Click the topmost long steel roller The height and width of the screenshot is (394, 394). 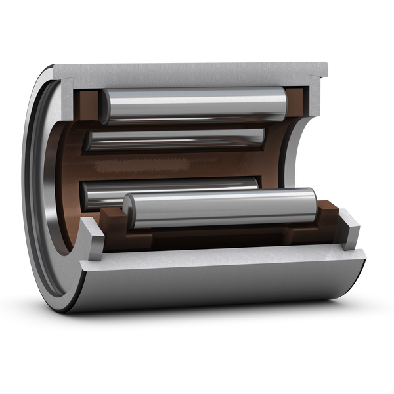coord(194,106)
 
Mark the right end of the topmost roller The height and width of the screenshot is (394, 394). coord(282,103)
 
